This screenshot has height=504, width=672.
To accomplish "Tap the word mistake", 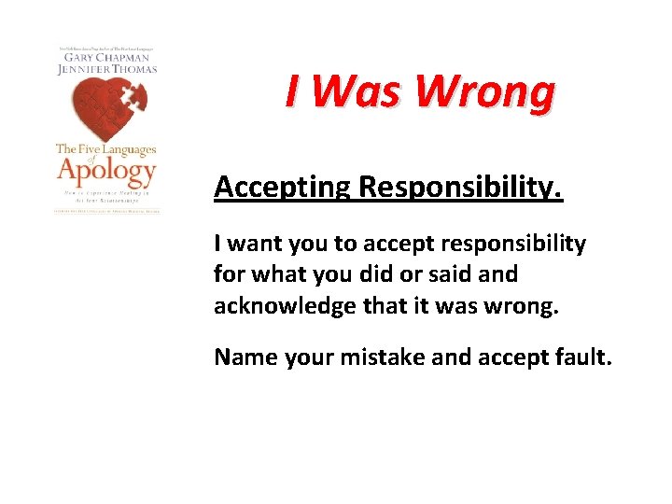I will coord(371,357).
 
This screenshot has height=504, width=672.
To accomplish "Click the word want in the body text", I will coord(254,245).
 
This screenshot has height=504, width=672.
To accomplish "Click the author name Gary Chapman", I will coord(105,57).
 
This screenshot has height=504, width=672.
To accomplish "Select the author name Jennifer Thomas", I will coord(105,69).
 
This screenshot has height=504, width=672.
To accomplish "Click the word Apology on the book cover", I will coord(105,171).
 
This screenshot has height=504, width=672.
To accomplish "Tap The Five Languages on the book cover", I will coord(105,148).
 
